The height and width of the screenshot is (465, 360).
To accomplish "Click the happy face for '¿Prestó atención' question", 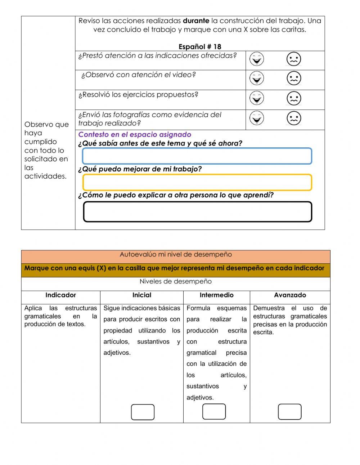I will (257, 59).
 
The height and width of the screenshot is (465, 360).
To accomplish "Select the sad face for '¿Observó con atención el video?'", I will (294, 79).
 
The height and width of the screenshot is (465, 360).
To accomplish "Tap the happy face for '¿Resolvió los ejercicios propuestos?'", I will (257, 98).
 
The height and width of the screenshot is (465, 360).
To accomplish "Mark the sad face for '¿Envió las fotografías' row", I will (294, 118).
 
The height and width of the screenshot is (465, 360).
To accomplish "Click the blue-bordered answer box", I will (197, 156).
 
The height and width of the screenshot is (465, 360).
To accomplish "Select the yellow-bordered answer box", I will (197, 182).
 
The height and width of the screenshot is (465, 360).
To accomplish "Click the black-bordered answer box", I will (197, 212).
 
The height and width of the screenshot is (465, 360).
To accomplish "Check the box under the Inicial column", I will (143, 412).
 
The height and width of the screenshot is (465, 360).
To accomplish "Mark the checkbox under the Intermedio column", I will (214, 412).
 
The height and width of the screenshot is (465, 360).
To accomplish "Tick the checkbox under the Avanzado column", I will (290, 412).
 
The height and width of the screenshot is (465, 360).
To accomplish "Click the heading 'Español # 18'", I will (200, 47).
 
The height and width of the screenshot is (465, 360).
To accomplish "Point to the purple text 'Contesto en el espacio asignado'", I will (135, 135).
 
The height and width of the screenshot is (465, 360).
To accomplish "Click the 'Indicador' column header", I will (60, 295).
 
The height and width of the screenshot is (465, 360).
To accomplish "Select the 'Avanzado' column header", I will (290, 295).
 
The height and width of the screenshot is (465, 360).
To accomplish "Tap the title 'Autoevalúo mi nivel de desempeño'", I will (176, 255).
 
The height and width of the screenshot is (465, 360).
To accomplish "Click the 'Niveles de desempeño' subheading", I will (176, 282).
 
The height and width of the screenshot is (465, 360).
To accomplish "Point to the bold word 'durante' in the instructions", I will (196, 21).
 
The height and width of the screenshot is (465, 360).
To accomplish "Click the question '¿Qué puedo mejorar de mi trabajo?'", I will (140, 169).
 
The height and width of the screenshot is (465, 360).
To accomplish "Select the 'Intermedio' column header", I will (216, 295).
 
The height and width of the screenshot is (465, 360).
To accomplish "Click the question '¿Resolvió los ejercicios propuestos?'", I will (138, 95).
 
